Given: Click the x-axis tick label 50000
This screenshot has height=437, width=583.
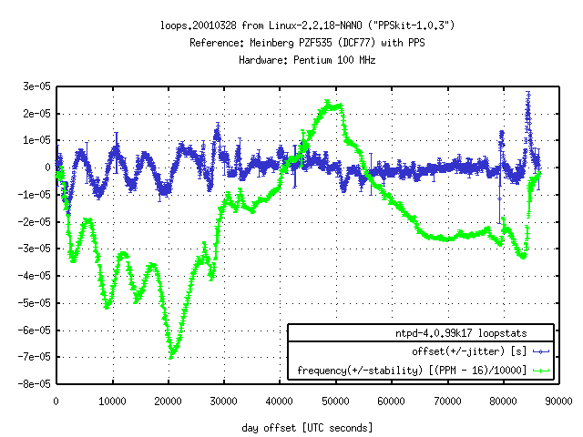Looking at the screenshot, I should pyautogui.click(x=336, y=400).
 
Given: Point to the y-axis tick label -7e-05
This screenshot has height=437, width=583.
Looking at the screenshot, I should pyautogui.click(x=34, y=357).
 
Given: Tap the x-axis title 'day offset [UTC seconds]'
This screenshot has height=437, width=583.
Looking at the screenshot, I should pyautogui.click(x=308, y=427).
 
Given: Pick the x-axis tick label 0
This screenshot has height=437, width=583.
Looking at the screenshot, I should pyautogui.click(x=56, y=400).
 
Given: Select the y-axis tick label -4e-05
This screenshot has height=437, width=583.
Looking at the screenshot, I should pyautogui.click(x=34, y=276).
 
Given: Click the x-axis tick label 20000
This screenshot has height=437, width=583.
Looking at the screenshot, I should pyautogui.click(x=169, y=400).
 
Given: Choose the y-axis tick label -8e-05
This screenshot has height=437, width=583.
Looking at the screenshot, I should pyautogui.click(x=34, y=384).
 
